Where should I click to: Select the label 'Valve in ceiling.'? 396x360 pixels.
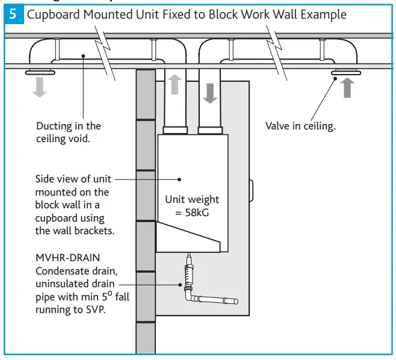pyautogui.click(x=300, y=126)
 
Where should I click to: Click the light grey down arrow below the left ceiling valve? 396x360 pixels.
pyautogui.click(x=39, y=88)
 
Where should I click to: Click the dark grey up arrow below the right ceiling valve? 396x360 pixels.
pyautogui.click(x=348, y=88)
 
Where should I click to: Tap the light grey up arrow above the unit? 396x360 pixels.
pyautogui.click(x=174, y=85)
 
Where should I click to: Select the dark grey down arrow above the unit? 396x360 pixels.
pyautogui.click(x=211, y=93)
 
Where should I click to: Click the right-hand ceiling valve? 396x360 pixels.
pyautogui.click(x=345, y=73)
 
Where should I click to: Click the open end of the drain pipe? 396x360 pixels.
pyautogui.click(x=235, y=301)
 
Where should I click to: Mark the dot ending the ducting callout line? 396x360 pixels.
pyautogui.click(x=84, y=56)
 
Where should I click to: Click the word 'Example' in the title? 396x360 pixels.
pyautogui.click(x=323, y=14)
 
